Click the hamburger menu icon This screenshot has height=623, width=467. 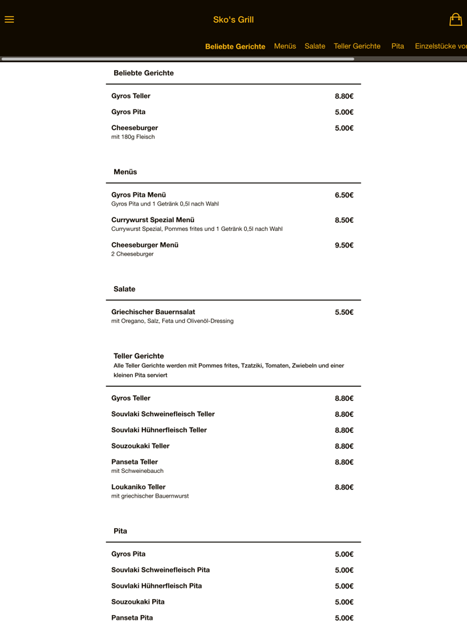click(x=9, y=19)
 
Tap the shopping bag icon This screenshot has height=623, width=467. click(x=456, y=19)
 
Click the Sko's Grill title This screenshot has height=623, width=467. click(x=233, y=20)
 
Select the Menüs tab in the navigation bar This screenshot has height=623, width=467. click(x=285, y=46)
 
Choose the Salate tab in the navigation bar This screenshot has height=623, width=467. click(x=315, y=46)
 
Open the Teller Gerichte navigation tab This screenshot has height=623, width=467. click(x=357, y=46)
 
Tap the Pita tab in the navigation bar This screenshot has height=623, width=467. click(x=398, y=46)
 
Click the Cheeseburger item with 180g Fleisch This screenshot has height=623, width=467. click(x=135, y=128)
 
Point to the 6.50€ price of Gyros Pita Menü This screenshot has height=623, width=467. click(x=344, y=195)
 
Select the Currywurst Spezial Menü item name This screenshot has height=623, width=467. click(x=153, y=220)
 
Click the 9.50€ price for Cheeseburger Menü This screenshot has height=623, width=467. click(x=344, y=245)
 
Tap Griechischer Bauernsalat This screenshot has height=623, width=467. click(x=153, y=312)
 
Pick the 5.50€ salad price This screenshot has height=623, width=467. click(x=344, y=312)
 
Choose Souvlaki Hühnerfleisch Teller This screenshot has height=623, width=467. click(x=159, y=430)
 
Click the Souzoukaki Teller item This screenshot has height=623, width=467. click(x=140, y=446)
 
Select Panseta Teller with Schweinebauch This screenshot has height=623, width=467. click(x=135, y=462)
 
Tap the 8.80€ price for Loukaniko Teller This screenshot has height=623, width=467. click(x=344, y=488)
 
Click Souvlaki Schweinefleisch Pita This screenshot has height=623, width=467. click(x=160, y=570)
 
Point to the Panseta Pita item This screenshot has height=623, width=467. click(x=132, y=618)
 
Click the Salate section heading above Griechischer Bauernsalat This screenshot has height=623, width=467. click(x=124, y=289)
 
